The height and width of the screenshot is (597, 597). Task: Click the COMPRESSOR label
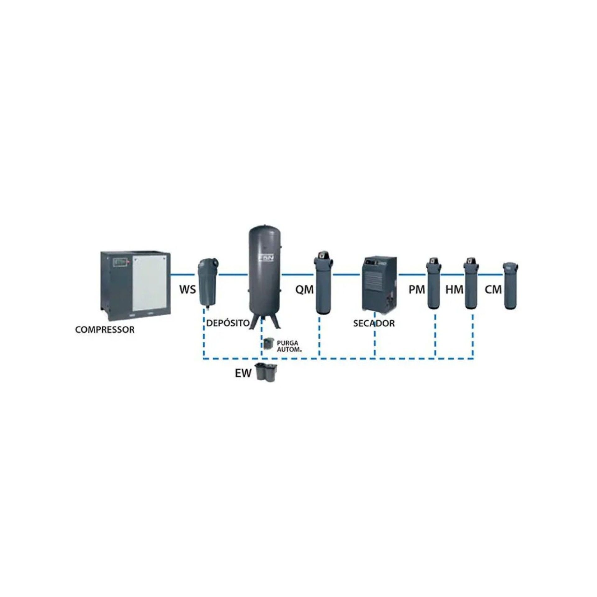click(105, 330)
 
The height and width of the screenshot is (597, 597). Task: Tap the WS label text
click(187, 290)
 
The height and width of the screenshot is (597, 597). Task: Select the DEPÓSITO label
click(228, 323)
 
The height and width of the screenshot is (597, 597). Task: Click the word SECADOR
click(374, 323)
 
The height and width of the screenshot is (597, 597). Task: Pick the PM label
click(417, 290)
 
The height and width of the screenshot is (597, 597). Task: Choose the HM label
click(454, 290)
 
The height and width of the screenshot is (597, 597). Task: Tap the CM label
click(493, 290)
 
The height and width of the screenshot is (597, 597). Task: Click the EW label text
click(243, 373)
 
